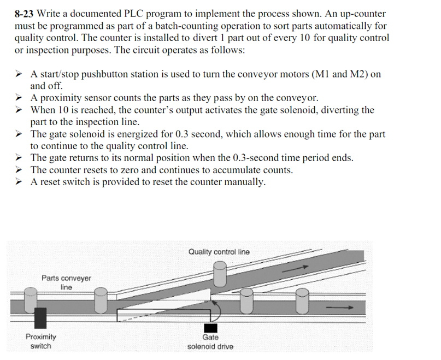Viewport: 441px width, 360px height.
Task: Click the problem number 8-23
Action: coord(25,14)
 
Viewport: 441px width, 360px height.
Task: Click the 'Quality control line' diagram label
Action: coord(219,252)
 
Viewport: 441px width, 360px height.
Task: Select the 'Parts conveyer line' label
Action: coord(66,282)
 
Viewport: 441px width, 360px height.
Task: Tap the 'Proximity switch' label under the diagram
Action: coord(40,341)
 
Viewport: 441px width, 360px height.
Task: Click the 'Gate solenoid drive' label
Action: coord(210,342)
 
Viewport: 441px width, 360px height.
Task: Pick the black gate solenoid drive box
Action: coord(210,327)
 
